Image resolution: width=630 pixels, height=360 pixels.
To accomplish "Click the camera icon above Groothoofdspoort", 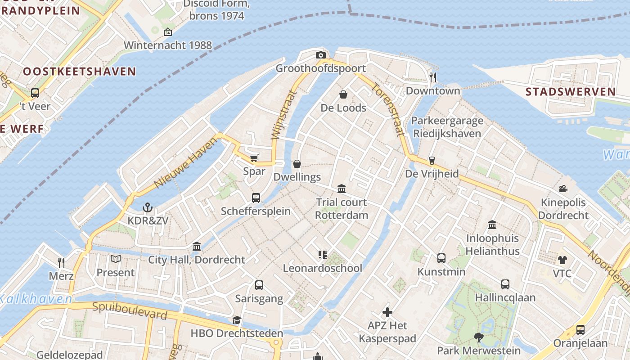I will click(320, 55).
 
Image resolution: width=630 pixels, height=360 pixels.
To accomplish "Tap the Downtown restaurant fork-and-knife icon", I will click(433, 77).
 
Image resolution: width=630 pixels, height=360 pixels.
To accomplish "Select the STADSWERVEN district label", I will click(571, 92).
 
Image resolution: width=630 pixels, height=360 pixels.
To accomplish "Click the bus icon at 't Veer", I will click(35, 93).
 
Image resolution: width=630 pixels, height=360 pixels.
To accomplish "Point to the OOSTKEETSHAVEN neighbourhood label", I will click(79, 71).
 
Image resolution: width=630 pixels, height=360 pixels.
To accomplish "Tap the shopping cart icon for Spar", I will click(254, 157).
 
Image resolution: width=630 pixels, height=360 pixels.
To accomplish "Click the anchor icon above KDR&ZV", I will click(147, 207).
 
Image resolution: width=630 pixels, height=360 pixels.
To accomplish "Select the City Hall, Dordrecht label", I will click(197, 260).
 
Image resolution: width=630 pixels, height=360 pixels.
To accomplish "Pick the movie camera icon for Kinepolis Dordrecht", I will click(563, 189).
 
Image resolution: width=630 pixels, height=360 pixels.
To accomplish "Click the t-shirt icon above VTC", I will click(562, 260).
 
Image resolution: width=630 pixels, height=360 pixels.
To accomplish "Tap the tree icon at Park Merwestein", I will click(478, 337).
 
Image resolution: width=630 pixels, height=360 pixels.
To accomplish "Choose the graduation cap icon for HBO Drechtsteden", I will click(237, 320).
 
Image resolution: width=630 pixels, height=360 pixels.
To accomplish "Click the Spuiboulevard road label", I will click(130, 310).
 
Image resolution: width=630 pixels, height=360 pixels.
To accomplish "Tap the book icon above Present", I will click(116, 259).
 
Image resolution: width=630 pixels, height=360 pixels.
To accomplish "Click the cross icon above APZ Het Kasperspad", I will click(387, 312).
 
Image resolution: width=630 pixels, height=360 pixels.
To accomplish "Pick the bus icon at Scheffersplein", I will click(256, 198).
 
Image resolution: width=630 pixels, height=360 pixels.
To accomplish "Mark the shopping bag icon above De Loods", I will click(343, 94).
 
